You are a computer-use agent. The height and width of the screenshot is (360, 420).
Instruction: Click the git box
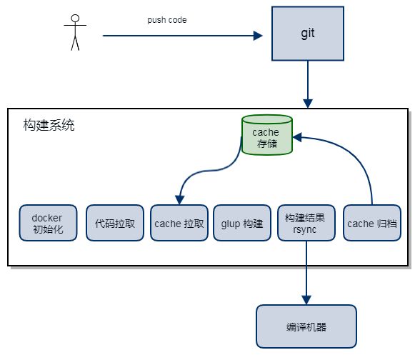click(x=308, y=34)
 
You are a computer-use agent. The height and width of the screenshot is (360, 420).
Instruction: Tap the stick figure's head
click(x=75, y=19)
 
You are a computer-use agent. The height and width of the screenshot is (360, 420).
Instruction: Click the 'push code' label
click(x=167, y=20)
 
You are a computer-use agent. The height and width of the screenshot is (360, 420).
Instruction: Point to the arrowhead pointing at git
click(x=258, y=36)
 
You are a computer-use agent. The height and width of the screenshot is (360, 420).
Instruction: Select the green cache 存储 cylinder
click(x=267, y=135)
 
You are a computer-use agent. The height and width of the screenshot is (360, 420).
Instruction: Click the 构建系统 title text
click(x=49, y=125)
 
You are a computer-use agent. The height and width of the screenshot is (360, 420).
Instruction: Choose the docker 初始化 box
click(x=49, y=223)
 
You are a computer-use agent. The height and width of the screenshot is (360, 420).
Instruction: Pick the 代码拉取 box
click(x=114, y=223)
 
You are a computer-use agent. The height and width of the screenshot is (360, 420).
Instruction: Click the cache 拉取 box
click(x=179, y=223)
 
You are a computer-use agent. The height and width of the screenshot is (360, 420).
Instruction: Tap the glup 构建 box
click(x=242, y=223)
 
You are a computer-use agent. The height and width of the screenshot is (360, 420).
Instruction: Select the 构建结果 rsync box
click(x=306, y=223)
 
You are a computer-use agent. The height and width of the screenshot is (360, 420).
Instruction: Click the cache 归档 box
click(x=372, y=223)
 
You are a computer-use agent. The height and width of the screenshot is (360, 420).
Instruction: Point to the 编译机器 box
click(x=306, y=326)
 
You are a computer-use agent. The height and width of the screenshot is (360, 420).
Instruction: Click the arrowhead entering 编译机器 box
click(x=306, y=300)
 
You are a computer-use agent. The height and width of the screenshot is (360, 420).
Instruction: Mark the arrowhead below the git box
click(x=308, y=104)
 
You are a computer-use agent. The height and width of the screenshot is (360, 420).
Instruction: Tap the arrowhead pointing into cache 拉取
click(x=179, y=200)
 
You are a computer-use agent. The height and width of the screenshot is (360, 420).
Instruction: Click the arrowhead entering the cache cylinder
click(x=297, y=137)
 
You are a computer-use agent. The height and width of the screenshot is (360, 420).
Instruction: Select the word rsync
click(x=304, y=229)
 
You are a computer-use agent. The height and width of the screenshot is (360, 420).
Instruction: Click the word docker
click(x=47, y=218)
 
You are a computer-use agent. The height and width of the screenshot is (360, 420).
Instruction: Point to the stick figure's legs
click(x=75, y=43)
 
